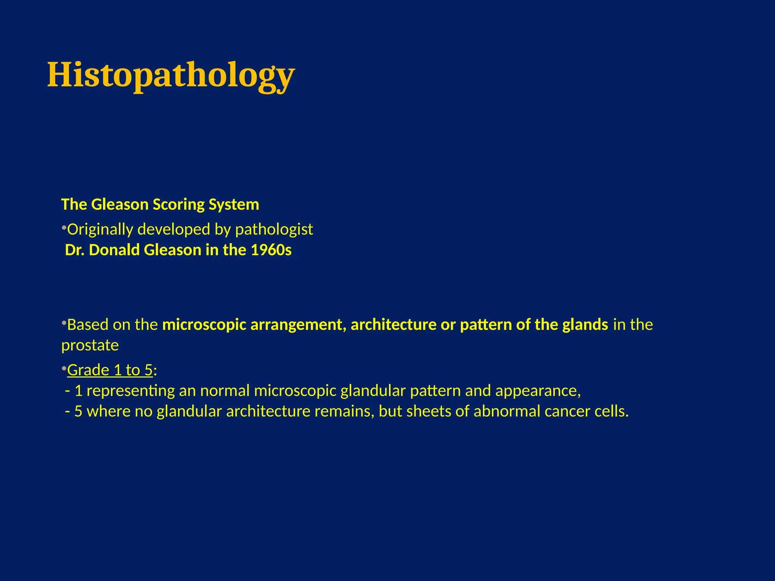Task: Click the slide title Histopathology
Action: tap(171, 75)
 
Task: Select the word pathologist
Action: tap(274, 230)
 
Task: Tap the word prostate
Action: tap(90, 345)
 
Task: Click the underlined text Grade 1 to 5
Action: tap(110, 370)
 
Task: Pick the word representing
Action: tap(131, 391)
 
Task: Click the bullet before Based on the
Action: tap(64, 323)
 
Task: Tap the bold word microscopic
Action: tap(204, 325)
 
